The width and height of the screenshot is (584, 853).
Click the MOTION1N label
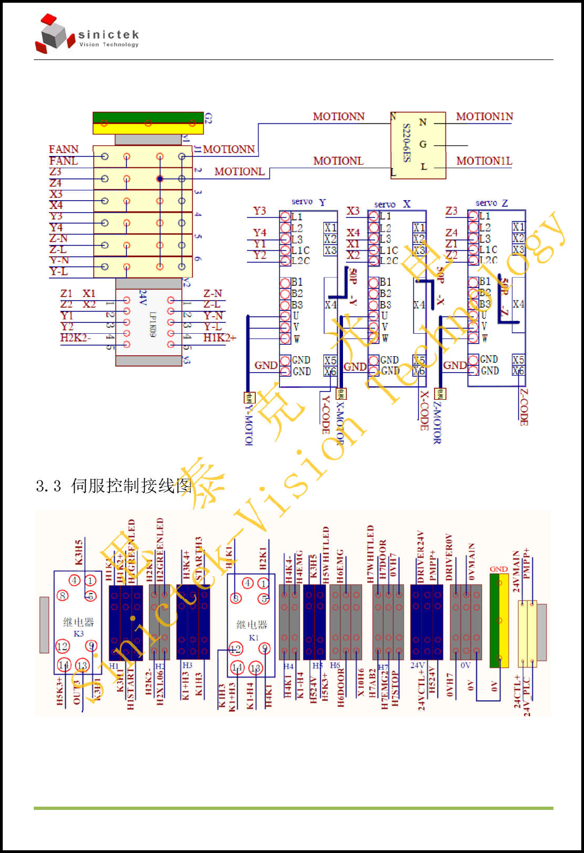pyautogui.click(x=484, y=117)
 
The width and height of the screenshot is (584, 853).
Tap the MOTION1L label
pyautogui.click(x=484, y=161)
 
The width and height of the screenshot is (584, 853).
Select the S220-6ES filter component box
pyautogui.click(x=418, y=145)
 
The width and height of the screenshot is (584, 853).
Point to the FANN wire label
pyautogui.click(x=63, y=149)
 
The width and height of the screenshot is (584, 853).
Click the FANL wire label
pyautogui.click(x=63, y=161)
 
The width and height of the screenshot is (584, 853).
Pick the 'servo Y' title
pyautogui.click(x=309, y=202)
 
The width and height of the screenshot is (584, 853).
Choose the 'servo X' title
pyautogui.click(x=392, y=204)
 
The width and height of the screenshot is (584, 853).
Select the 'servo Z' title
pyautogui.click(x=491, y=203)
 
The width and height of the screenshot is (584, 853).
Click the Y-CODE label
pyautogui.click(x=326, y=415)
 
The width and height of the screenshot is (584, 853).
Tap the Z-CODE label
pyautogui.click(x=523, y=407)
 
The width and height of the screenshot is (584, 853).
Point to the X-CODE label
pyautogui.click(x=424, y=410)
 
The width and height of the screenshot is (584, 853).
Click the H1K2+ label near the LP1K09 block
pyautogui.click(x=220, y=338)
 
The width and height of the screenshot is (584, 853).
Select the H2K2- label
pyautogui.click(x=75, y=338)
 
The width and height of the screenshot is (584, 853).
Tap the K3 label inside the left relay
pyautogui.click(x=79, y=634)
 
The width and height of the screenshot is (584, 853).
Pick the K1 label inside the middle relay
pyautogui.click(x=254, y=638)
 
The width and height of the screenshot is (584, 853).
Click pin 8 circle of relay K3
pyautogui.click(x=63, y=595)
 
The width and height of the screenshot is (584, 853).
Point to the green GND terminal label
pyautogui.click(x=498, y=569)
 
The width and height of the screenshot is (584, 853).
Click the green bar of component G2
pyautogui.click(x=148, y=118)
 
